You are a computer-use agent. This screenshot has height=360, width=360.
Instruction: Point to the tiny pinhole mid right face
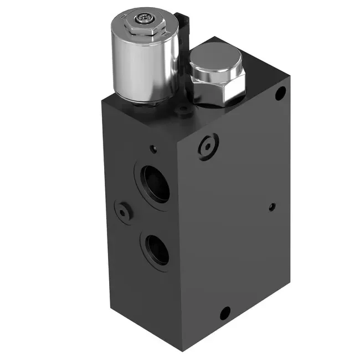[x=271, y=207]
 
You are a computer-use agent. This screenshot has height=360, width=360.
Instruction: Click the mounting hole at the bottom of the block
[x=224, y=314]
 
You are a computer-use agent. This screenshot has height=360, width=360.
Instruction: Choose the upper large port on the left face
[x=156, y=183]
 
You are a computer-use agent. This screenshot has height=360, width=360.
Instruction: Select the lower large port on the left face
[x=157, y=249]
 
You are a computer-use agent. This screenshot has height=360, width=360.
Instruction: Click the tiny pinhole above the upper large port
[x=154, y=148]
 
